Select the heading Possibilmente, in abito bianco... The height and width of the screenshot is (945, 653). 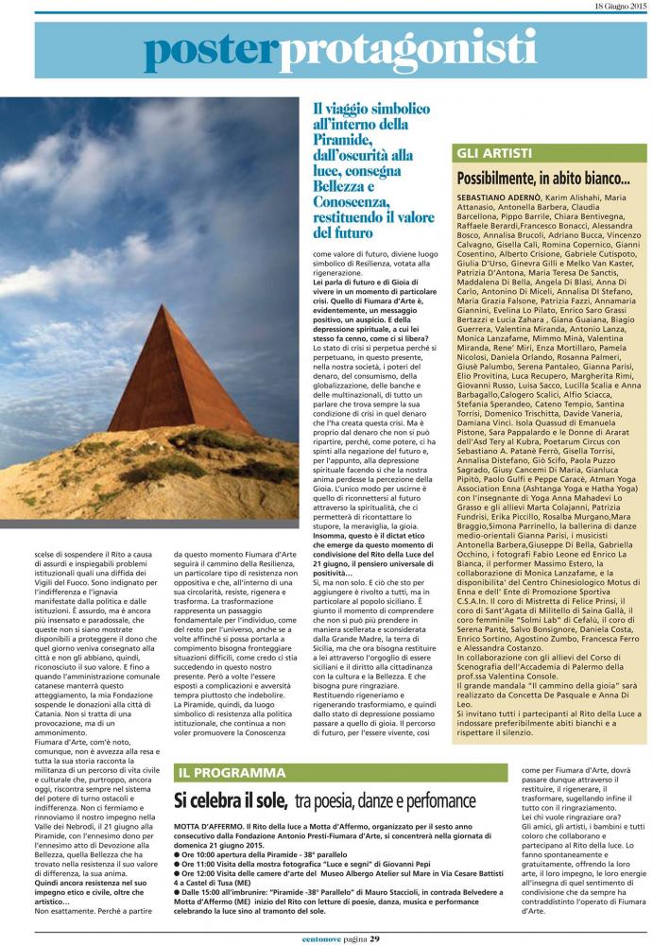543,177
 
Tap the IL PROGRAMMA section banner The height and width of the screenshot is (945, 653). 232,772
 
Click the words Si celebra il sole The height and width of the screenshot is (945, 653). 231,799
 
